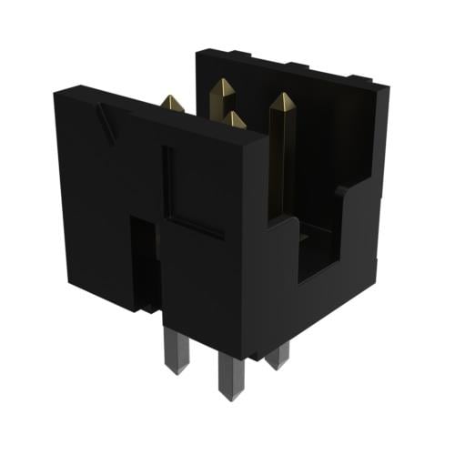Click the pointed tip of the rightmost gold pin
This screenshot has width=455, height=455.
coord(282,95)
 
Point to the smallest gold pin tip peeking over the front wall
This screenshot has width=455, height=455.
coord(234,119)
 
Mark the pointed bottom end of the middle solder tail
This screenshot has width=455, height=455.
coord(227,393)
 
